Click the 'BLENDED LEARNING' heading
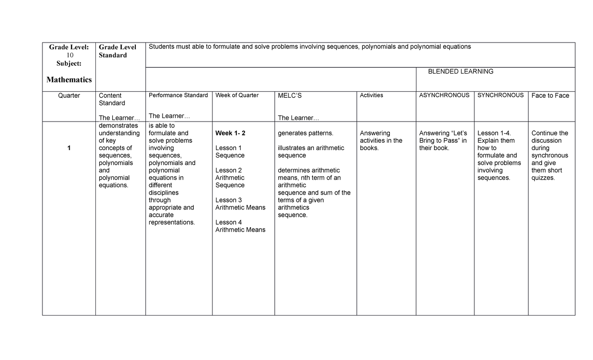coord(461,72)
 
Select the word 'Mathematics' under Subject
coord(69,80)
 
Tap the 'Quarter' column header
coord(69,96)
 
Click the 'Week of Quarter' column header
coord(237,95)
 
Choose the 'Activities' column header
coord(371,95)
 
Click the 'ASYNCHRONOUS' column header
coord(444,95)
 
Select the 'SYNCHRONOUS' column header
coord(500,95)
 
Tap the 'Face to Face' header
coord(550,96)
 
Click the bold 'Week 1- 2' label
coord(230,133)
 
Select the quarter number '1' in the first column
coord(69,148)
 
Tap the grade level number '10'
coord(70,55)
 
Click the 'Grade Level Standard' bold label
coord(118,51)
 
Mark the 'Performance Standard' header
coord(178,95)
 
